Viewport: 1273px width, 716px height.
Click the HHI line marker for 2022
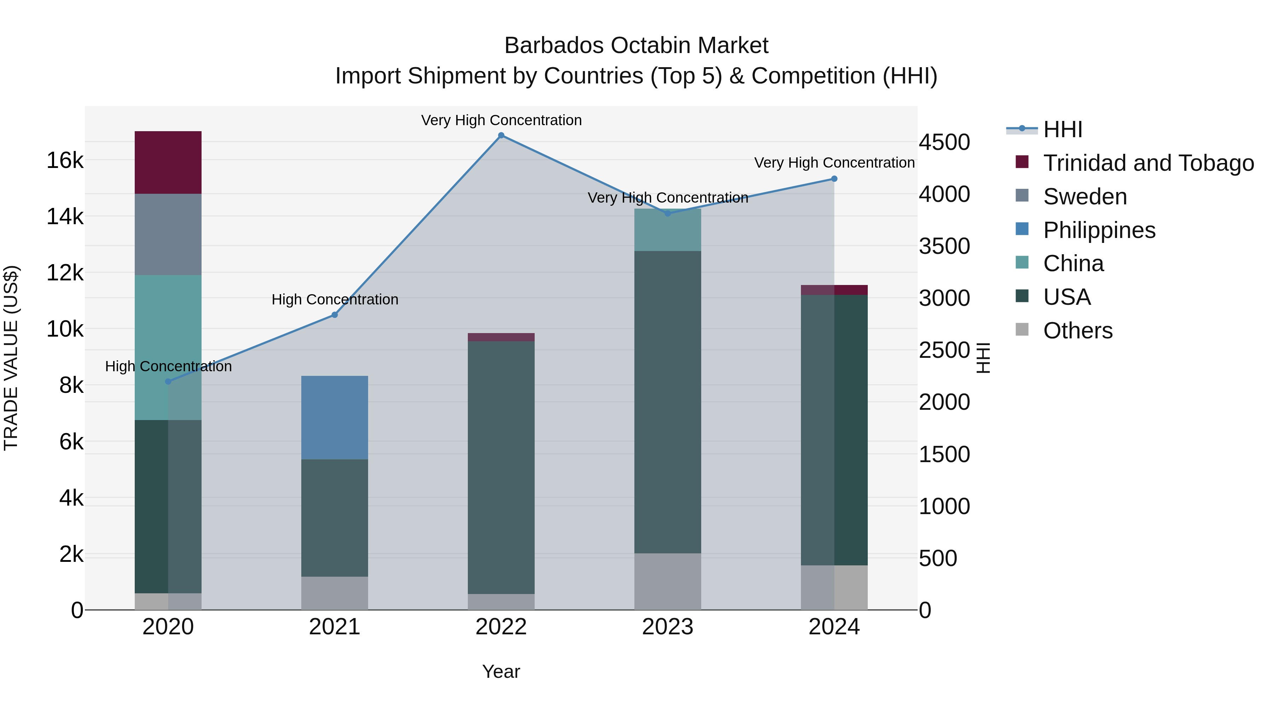501,135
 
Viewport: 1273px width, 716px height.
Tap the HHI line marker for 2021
335,315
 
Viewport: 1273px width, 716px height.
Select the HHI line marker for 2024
834,179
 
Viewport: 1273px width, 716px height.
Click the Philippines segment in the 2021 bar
335,418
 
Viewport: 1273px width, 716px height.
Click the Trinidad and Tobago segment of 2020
168,162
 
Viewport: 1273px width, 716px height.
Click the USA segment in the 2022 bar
501,467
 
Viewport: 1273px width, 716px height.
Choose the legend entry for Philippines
1099,230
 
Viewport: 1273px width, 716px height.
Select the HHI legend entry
1063,129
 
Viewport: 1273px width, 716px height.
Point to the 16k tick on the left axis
65,161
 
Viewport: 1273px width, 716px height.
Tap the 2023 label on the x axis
668,627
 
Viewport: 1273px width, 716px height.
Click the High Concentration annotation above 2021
335,299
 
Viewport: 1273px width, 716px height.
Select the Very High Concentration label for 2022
501,120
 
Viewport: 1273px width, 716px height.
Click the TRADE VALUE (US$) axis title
11,358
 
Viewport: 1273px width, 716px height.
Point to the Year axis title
501,671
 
